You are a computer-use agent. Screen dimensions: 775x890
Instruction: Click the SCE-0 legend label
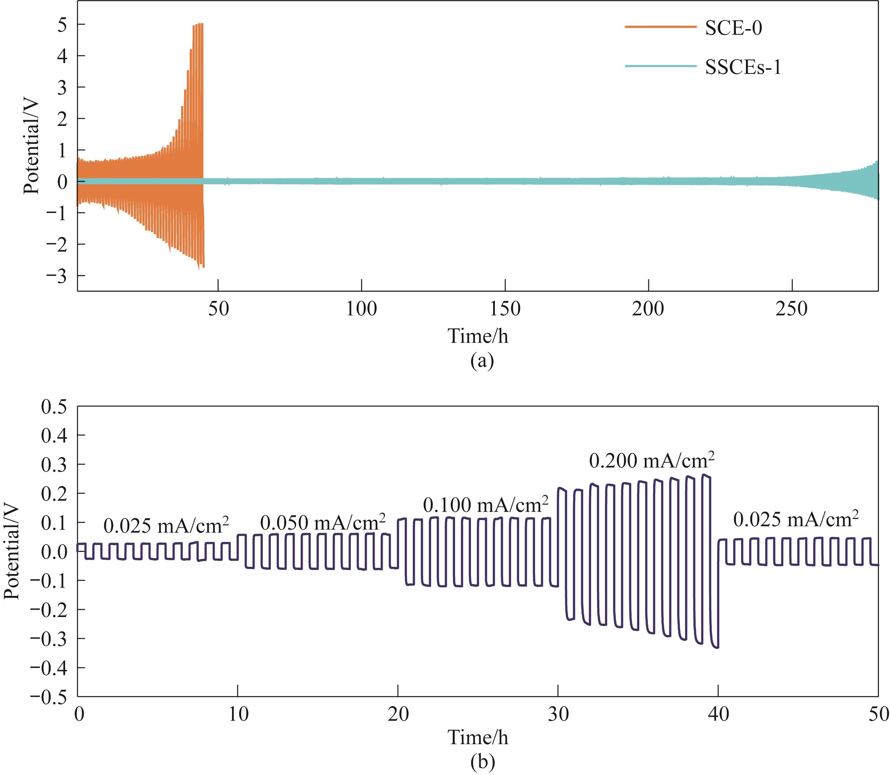click(x=733, y=28)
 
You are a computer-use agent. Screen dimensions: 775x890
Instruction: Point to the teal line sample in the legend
click(x=660, y=66)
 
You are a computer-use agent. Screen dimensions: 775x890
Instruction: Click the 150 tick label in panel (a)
click(x=505, y=310)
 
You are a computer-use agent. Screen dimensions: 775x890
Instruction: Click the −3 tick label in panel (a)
click(x=57, y=276)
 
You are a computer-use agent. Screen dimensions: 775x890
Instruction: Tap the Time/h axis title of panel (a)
click(x=478, y=336)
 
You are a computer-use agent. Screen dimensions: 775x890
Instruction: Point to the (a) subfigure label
click(x=481, y=360)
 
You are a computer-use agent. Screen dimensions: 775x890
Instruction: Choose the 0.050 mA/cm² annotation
click(x=322, y=522)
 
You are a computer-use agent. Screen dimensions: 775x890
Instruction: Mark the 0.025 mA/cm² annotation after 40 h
click(x=796, y=519)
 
